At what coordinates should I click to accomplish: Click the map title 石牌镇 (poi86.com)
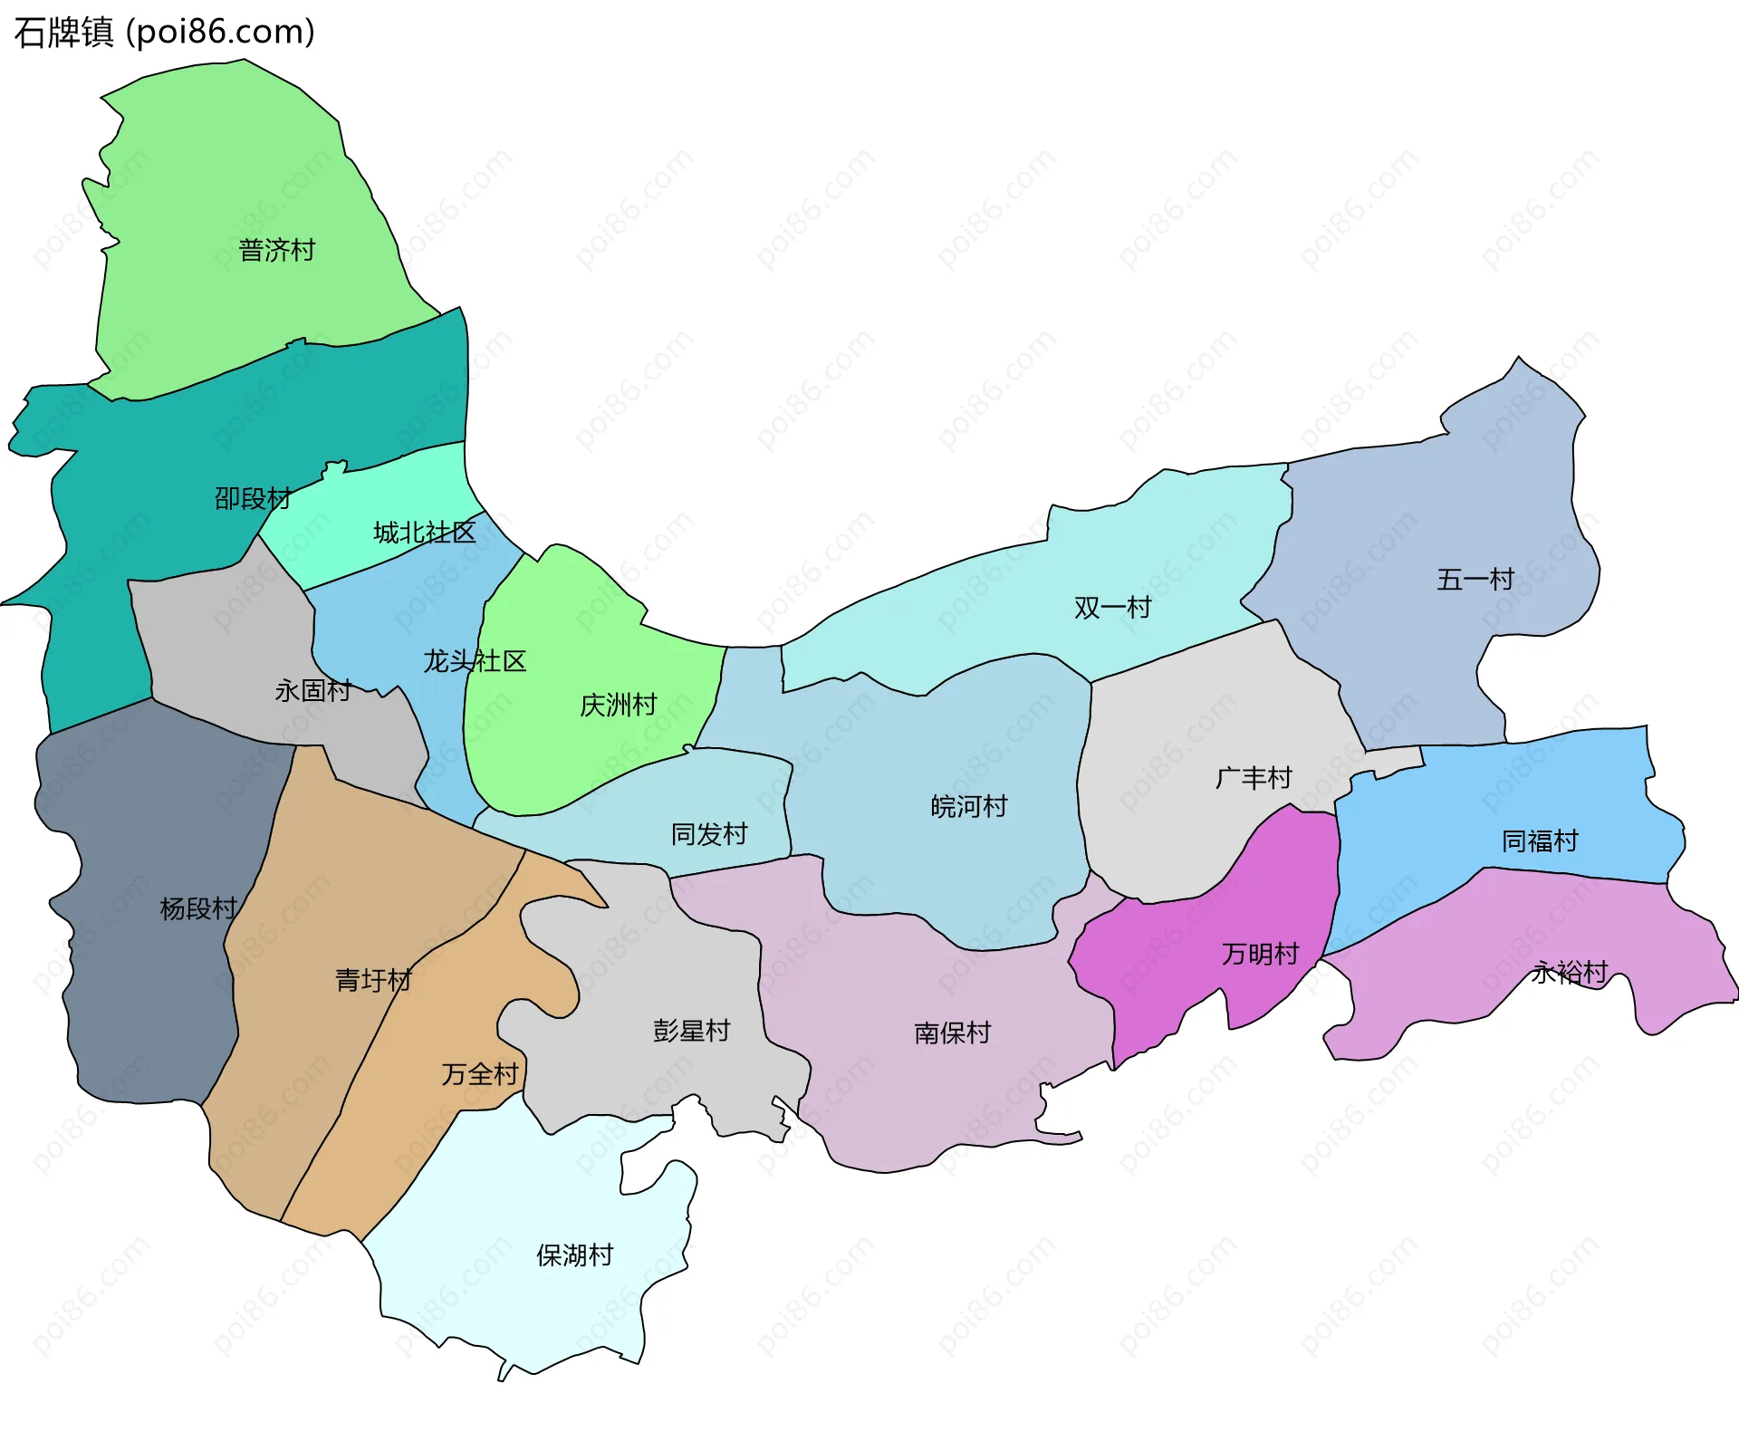164,33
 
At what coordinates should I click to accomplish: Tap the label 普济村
276,250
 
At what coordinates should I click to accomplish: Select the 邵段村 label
253,498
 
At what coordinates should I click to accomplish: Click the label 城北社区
424,533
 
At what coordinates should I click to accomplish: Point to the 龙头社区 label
475,661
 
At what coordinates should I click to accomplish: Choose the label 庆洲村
618,705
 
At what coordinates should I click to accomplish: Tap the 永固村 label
312,691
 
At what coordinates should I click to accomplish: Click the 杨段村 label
197,908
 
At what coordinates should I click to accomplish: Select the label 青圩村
373,980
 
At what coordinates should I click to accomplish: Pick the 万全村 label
479,1074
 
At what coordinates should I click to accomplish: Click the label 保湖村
574,1255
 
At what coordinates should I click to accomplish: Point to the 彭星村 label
691,1031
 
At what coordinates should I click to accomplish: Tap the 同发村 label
708,834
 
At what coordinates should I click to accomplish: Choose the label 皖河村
968,806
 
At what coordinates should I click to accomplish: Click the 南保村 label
952,1033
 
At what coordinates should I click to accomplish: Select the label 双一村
1112,608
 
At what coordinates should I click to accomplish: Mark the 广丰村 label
1253,778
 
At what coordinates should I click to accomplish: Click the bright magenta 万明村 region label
1260,954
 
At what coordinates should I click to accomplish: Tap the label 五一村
1475,580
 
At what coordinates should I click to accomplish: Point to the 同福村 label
1539,841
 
